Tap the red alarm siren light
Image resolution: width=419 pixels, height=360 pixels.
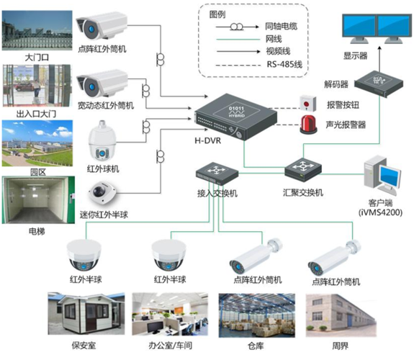coord(307,122)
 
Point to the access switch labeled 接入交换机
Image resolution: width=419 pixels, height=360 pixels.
coord(215,171)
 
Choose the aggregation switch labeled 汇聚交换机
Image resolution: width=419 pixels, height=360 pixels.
coord(302,169)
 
